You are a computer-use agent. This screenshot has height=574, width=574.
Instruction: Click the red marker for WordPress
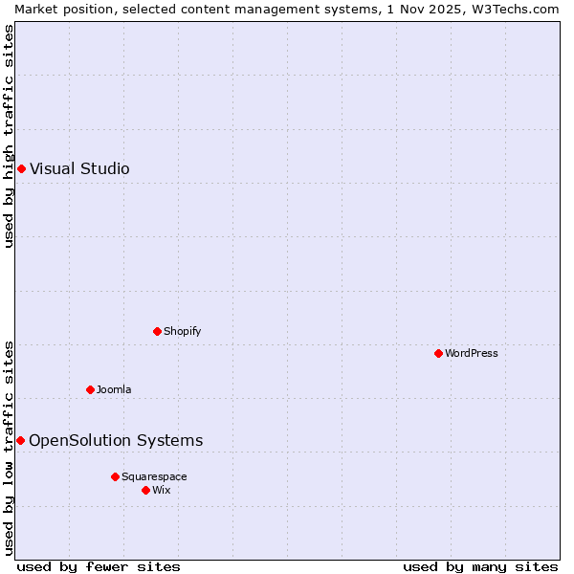438,353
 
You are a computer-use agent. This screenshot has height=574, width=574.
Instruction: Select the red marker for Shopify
157,331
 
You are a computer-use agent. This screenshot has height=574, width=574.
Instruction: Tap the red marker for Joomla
90,389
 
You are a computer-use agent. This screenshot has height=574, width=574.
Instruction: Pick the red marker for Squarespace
115,476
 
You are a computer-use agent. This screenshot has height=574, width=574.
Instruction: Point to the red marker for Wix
145,490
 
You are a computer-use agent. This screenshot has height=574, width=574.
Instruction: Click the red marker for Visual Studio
21,169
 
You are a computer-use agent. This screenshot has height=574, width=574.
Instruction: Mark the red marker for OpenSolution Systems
20,440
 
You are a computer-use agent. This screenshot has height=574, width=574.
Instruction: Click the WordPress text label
472,353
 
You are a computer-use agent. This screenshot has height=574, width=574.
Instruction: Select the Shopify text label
182,331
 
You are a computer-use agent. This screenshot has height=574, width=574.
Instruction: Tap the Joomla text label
114,389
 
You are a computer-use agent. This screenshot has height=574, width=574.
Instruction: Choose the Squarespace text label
154,476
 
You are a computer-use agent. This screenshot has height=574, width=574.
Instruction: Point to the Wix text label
161,490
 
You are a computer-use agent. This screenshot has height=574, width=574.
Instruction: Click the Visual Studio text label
79,169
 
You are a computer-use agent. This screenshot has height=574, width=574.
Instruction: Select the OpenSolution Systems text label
116,440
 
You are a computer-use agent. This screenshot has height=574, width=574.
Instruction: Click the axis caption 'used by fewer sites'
99,566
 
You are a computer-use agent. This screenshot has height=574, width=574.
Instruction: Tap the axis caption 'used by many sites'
480,566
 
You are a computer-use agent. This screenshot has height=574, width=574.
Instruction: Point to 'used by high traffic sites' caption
9,137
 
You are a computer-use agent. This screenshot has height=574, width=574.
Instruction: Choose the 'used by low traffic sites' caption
9,448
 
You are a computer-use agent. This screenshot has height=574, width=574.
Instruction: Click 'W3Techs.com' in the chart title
520,9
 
